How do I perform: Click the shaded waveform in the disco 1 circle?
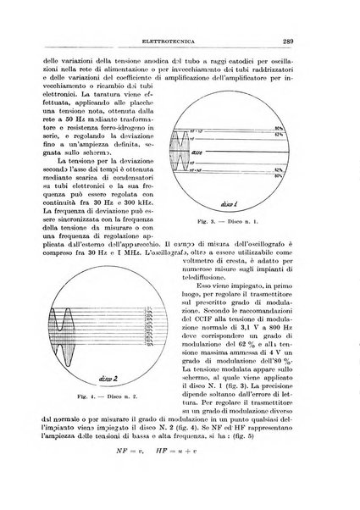pyautogui.click(x=208, y=152)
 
